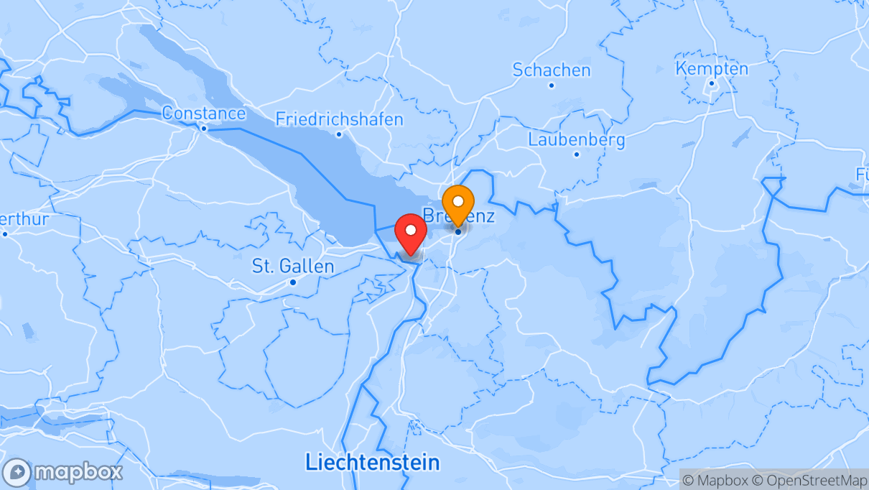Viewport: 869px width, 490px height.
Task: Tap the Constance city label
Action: [x=203, y=113]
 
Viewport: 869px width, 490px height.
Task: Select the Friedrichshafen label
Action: [x=339, y=119]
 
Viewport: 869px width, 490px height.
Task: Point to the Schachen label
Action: [x=551, y=70]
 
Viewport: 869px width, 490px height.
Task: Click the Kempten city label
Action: [x=712, y=68]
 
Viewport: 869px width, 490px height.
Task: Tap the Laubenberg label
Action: [x=576, y=139]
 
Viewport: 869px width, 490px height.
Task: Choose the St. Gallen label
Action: [x=292, y=266]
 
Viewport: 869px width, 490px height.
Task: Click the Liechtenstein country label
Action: [x=372, y=461]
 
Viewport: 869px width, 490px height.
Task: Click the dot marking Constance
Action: [x=203, y=129]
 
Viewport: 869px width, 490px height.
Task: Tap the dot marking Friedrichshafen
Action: [x=339, y=134]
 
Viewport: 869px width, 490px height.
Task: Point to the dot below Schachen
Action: [x=551, y=85]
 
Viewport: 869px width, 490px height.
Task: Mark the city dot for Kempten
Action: [x=712, y=83]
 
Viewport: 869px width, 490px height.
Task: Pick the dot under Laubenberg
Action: [x=576, y=154]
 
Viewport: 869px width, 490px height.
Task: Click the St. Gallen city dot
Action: [x=292, y=282]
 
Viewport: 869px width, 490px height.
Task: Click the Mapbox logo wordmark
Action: [x=78, y=472]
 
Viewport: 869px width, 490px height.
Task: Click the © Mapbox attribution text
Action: [x=715, y=480]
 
